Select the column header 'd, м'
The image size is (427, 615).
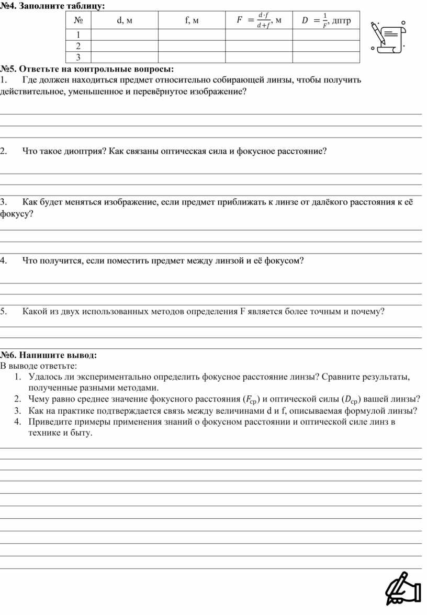124,21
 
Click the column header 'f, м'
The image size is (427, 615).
192,21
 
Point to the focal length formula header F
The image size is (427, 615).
259,21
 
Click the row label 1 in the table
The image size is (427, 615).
78,35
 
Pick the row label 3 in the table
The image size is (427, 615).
78,57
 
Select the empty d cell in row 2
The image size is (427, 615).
124,46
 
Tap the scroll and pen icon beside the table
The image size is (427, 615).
388,37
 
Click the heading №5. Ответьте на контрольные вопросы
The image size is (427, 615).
87,69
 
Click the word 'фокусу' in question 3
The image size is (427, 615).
15,213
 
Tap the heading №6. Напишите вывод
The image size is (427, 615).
49,355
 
